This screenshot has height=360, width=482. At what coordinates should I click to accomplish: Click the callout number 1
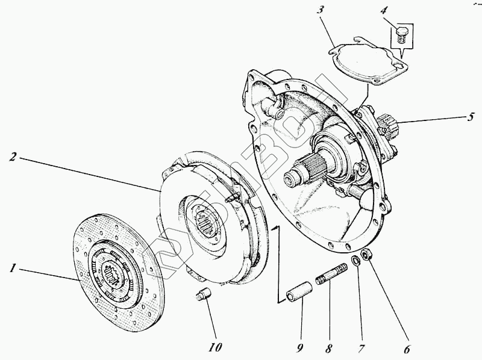pos(11,268)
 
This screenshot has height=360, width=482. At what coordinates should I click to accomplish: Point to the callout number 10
pos(215,347)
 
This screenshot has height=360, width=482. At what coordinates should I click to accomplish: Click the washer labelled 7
pos(356,260)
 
